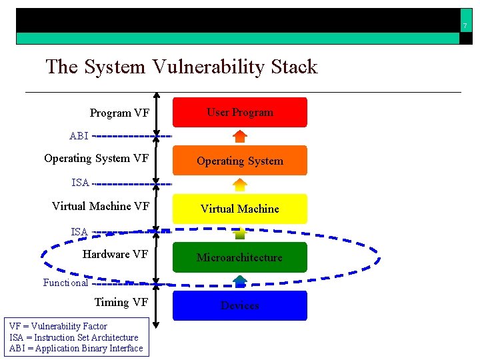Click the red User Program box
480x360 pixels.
240,112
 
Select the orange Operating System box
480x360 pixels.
240,161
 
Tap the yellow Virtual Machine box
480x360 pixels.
240,209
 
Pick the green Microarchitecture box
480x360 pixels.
240,257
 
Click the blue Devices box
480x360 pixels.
240,305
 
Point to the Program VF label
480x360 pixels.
119,113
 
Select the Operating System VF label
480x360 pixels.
96,158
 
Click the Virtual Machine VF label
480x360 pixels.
100,206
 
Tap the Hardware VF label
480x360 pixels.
115,254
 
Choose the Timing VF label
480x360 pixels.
121,302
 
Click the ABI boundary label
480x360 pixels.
79,136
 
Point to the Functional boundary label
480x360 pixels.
65,283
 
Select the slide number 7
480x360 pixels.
465,26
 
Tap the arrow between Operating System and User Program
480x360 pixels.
240,136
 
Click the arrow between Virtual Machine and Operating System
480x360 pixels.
240,185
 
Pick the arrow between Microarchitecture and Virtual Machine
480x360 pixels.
240,233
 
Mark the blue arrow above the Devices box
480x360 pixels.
240,281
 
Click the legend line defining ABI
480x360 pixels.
76,348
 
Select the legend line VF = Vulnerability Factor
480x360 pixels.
58,327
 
